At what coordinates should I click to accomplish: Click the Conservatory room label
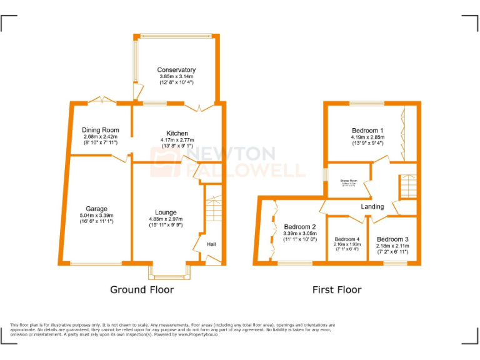(176, 70)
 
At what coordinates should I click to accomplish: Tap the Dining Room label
(101, 130)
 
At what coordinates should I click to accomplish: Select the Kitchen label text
(177, 133)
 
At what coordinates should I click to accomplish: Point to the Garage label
(97, 209)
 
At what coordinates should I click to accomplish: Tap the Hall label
(211, 244)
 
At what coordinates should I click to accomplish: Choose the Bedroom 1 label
(367, 130)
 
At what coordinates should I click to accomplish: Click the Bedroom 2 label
(300, 226)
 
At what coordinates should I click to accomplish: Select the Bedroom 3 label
(392, 239)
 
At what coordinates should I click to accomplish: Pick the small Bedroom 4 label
(347, 239)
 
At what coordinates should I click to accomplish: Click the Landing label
(372, 206)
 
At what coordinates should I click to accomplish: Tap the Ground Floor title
(142, 289)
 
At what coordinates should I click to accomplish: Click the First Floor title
(337, 289)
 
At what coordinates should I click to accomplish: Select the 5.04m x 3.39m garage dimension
(97, 216)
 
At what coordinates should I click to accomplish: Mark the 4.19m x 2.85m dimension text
(367, 137)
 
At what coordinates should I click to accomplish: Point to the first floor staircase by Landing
(407, 186)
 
